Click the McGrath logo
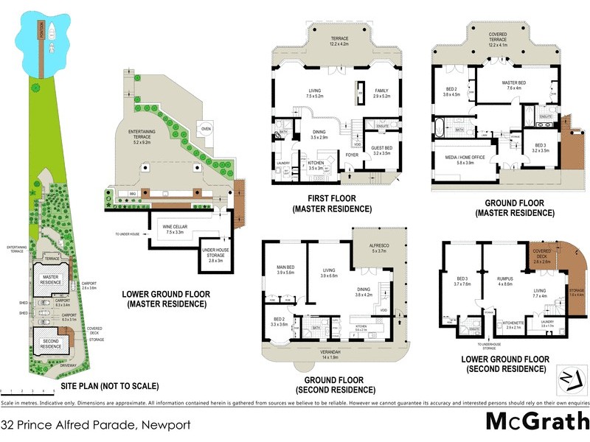pyautogui.click(x=537, y=422)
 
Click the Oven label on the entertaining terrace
pyautogui.click(x=206, y=127)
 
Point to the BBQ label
pyautogui.click(x=133, y=194)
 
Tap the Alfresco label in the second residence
pyautogui.click(x=378, y=249)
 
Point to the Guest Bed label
pyautogui.click(x=381, y=150)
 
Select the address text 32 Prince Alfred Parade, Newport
pyautogui.click(x=96, y=425)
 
